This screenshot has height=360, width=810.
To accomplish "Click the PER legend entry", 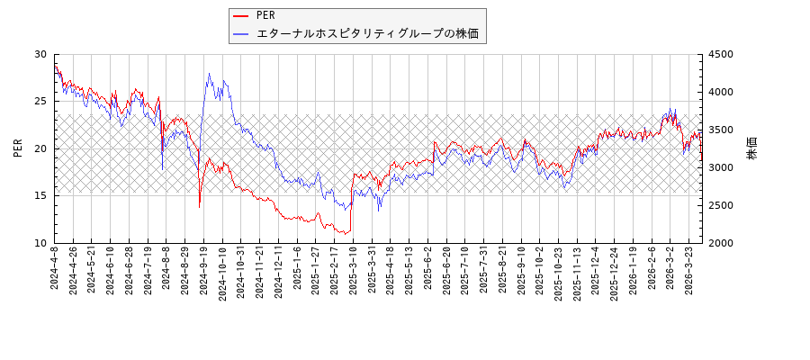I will point(265,15).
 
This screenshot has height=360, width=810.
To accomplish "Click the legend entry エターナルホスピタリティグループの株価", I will point(367,34).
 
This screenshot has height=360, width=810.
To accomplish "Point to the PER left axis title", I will point(18,148).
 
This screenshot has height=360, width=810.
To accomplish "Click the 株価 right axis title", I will point(752,148).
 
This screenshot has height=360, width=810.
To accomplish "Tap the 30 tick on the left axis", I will point(40,54).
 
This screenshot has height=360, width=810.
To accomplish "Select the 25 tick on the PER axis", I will point(40,102).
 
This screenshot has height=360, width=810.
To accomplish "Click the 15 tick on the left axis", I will point(40,195).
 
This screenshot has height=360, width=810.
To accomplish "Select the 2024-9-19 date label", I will point(204,271).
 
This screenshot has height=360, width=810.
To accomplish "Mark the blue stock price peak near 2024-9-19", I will point(209,74).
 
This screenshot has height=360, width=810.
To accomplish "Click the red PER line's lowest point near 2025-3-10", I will point(345,234).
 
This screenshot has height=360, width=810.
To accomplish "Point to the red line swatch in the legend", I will point(241,15).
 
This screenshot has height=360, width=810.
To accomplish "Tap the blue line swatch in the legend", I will point(241,34).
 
